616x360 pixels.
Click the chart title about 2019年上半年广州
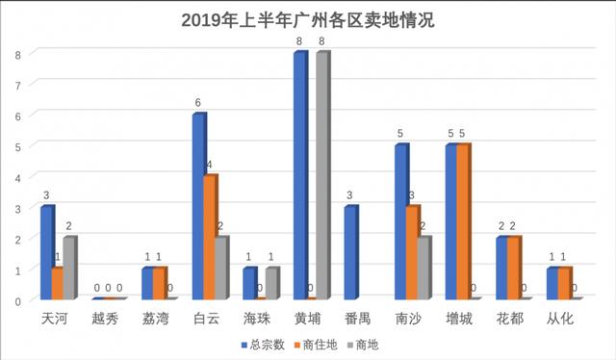307,20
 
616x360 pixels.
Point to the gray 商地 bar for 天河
69,268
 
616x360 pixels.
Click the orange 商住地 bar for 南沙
411,252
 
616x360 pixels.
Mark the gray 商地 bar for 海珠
272,283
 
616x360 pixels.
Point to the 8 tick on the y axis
17,55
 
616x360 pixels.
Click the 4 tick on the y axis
17,177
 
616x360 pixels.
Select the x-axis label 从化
564,317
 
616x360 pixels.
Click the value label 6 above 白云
198,103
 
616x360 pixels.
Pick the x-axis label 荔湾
156,317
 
